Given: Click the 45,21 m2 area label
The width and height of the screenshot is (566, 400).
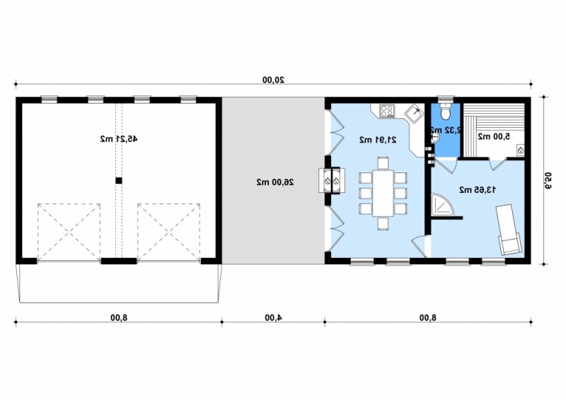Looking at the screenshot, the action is [x=119, y=139].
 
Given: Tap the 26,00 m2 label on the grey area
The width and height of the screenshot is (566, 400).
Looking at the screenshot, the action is [x=275, y=182].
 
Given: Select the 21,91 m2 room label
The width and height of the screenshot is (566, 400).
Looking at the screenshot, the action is [x=378, y=140].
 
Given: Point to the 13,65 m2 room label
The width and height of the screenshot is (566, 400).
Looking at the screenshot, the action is [x=478, y=189].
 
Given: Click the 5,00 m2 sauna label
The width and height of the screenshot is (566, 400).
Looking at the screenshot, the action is [x=494, y=136].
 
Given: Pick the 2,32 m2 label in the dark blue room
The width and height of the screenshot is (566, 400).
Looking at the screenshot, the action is [x=446, y=130].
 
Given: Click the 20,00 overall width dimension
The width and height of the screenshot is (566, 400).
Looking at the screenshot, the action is [x=273, y=80].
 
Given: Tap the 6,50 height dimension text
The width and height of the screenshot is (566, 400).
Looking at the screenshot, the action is [x=548, y=181].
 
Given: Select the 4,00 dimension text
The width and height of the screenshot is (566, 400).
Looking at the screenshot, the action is [x=273, y=317].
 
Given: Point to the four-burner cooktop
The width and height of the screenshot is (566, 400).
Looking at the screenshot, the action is [x=387, y=111].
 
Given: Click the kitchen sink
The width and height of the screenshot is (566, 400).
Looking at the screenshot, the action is [x=414, y=114].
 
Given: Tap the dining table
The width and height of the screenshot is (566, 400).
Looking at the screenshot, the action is [x=383, y=193].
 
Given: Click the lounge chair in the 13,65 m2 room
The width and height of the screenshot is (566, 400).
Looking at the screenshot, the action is [x=508, y=230].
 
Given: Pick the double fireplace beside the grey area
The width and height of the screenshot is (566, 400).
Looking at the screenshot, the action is [x=332, y=180].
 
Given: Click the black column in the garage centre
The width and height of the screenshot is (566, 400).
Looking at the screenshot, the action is [x=119, y=181].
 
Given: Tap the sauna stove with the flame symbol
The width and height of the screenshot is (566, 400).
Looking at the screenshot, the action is [x=521, y=151].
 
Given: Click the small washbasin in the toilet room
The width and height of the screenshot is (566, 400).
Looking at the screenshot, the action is [x=435, y=137].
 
